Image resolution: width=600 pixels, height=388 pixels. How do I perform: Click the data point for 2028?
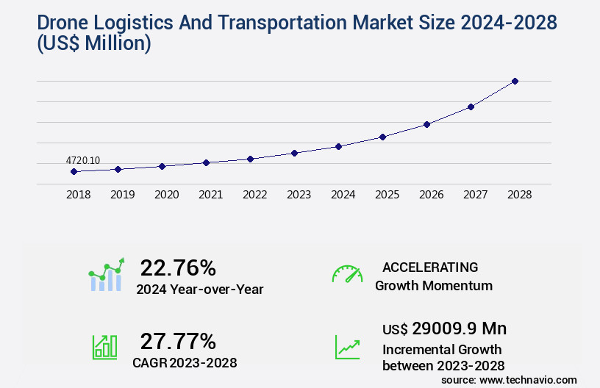tap(515, 81)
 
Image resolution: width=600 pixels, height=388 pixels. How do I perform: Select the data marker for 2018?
tap(74, 171)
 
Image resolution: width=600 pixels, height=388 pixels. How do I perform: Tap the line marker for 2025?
tap(382, 137)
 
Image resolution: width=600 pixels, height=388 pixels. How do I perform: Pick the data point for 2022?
tap(250, 159)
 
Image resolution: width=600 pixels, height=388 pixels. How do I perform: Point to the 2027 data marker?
tap(471, 107)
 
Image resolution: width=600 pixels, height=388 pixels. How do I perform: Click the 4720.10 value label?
tap(83, 160)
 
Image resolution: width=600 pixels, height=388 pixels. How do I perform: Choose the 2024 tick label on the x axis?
tap(343, 195)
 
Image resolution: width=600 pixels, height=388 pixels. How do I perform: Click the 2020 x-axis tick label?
tap(166, 195)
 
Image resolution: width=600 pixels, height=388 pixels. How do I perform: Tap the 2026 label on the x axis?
tap(431, 195)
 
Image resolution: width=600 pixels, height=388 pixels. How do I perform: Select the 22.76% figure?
tap(178, 267)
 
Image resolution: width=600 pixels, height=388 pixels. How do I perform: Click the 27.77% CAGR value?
tap(178, 341)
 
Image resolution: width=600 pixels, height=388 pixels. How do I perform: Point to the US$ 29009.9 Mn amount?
tap(444, 328)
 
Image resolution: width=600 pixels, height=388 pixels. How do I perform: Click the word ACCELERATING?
tap(430, 267)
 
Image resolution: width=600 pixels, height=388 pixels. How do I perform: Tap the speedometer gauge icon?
tap(347, 274)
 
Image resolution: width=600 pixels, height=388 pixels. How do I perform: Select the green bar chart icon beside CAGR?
tap(104, 346)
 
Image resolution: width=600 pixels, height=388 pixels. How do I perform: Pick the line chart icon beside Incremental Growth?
tap(347, 346)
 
